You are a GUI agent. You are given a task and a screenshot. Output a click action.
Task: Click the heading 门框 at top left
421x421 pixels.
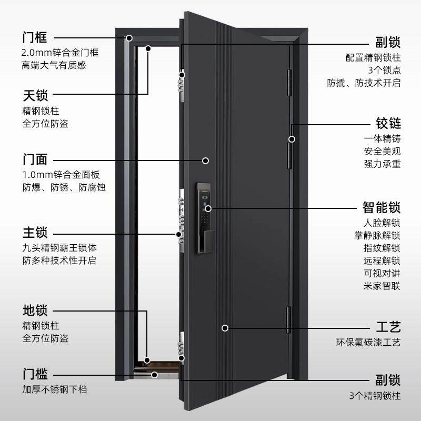click(x=35, y=38)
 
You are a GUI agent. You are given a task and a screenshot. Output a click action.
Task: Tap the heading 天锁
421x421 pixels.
click(x=35, y=96)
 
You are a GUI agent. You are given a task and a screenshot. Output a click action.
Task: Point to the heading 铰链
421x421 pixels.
click(x=388, y=124)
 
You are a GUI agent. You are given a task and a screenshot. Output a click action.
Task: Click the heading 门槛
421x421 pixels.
click(x=35, y=375)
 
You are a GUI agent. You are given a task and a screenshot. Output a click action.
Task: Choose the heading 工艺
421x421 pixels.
click(x=388, y=327)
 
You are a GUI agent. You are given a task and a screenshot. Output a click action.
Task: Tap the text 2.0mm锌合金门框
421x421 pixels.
click(x=60, y=53)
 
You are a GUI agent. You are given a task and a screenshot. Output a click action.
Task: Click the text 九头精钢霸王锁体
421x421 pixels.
click(x=59, y=247)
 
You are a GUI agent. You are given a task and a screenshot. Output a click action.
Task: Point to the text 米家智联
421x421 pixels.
click(x=382, y=286)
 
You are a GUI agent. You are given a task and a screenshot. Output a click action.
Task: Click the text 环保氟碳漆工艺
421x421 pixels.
click(x=368, y=343)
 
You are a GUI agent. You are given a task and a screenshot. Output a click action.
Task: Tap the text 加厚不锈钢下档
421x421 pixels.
click(x=54, y=390)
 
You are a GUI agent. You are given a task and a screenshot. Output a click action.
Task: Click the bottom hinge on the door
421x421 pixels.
click(x=288, y=320)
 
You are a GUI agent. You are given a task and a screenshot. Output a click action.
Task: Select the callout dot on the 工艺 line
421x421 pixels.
click(x=225, y=328)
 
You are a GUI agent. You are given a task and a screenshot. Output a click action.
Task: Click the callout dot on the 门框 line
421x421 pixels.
click(x=128, y=38)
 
